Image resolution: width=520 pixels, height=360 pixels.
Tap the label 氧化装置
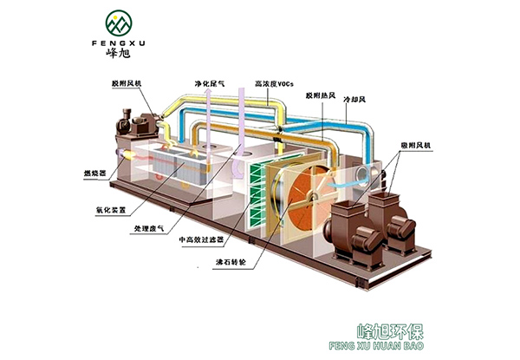pyautogui.click(x=109, y=209)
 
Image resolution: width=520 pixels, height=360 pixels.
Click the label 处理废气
pyautogui.click(x=149, y=230)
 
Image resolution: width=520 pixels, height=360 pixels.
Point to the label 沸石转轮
pyautogui.click(x=230, y=260)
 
